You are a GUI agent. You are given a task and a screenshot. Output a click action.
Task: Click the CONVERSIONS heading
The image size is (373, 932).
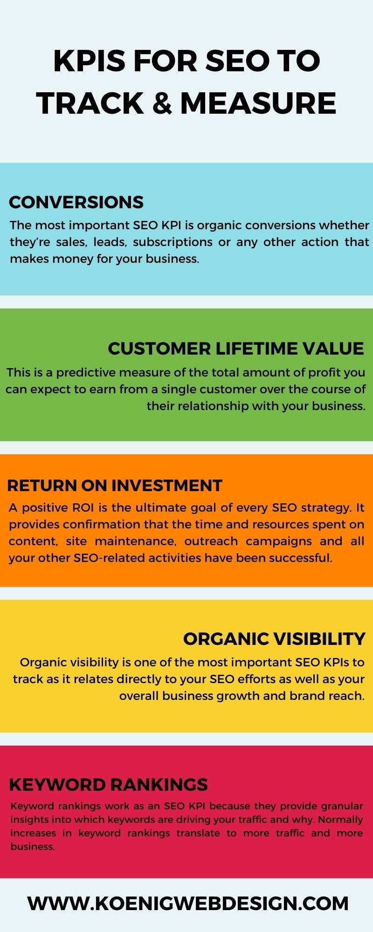coord(76,202)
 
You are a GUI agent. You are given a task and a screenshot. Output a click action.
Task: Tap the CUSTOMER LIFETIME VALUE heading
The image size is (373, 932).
coord(235,349)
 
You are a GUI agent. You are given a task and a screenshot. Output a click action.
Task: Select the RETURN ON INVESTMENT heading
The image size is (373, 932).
coord(114,486)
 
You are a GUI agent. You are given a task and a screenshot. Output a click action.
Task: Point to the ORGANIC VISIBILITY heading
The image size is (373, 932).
coord(274,639)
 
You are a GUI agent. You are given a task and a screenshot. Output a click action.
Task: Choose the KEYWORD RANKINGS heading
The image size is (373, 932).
coord(108,785)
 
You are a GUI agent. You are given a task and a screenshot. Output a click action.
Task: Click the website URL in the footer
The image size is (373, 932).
coord(188,904)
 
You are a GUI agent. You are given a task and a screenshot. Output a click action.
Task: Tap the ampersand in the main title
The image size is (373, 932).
coord(162,103)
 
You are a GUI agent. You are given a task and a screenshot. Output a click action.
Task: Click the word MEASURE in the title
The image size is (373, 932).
coord(258,103)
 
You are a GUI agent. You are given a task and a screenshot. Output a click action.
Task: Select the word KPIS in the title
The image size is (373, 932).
coord(90,62)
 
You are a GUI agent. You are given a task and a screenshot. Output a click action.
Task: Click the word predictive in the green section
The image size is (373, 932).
coord(85,372)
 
